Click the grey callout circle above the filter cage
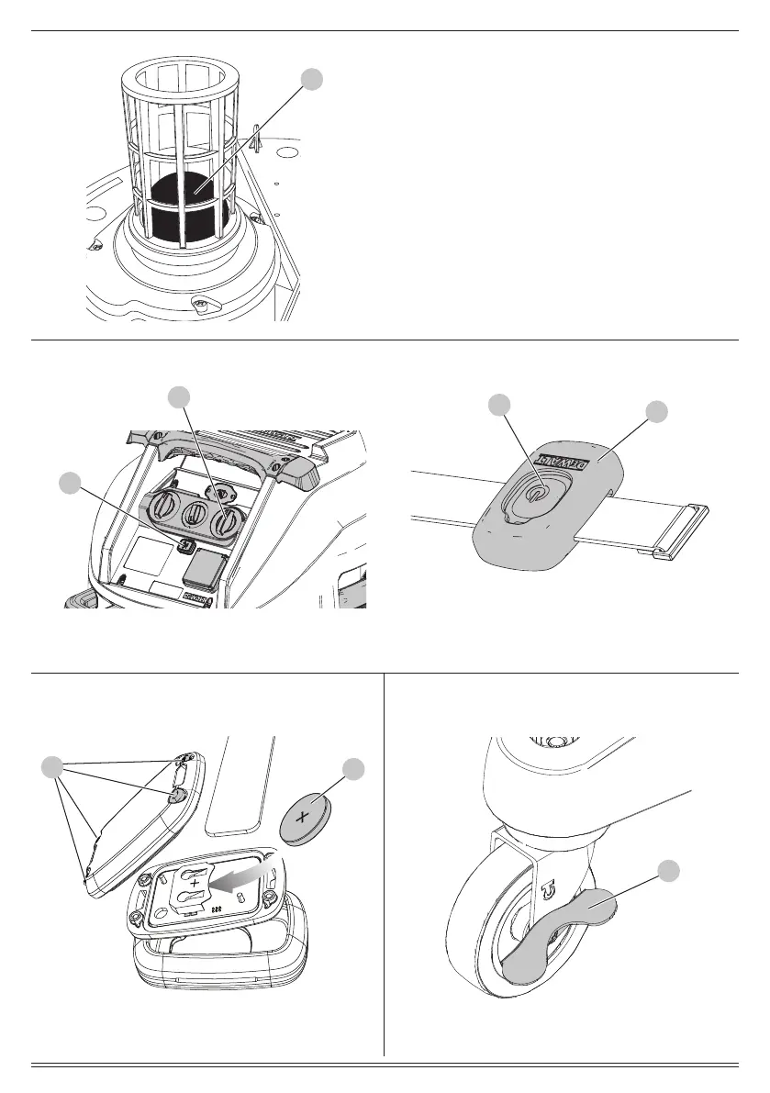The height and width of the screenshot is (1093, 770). (313, 80)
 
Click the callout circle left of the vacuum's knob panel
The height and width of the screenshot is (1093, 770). (68, 483)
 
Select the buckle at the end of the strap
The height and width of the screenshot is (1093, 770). (680, 531)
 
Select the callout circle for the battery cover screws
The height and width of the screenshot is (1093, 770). (56, 767)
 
